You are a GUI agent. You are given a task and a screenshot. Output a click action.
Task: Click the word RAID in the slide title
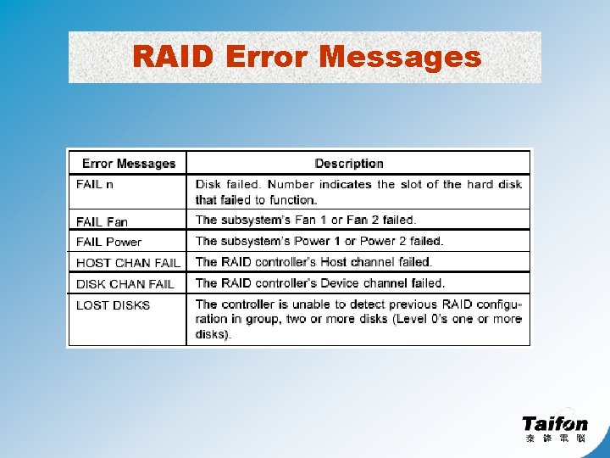pos(175,57)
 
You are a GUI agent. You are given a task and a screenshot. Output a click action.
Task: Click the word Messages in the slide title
pos(400,57)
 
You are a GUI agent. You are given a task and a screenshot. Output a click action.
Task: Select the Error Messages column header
pos(128,164)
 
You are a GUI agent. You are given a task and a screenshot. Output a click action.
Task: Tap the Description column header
pos(349,164)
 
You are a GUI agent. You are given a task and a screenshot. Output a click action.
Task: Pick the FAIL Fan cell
pos(102,221)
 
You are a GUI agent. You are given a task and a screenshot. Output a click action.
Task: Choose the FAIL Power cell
pos(108,242)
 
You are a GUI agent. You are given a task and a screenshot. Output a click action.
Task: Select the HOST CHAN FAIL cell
pos(128,263)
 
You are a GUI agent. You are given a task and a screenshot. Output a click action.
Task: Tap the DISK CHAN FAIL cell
pos(125,283)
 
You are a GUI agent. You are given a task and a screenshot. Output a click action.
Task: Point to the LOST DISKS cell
pos(113,304)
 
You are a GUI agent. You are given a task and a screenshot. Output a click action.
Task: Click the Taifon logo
pos(554,422)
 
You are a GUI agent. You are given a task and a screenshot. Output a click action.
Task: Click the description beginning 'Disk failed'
pos(358,192)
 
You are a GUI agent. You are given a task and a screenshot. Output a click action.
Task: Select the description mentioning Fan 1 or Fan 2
pos(306,221)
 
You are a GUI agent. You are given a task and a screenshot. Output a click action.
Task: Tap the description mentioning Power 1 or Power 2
pos(319,242)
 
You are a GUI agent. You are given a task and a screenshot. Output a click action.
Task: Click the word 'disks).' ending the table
pos(213,335)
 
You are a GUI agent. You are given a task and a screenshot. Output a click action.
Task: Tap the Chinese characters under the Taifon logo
pos(555,438)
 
